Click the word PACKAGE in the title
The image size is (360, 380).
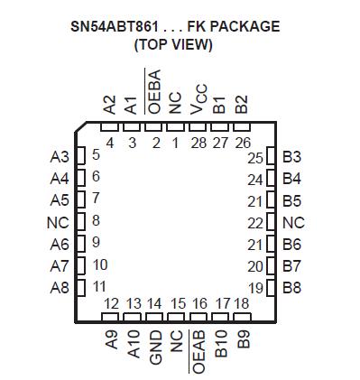pyautogui.click(x=242, y=26)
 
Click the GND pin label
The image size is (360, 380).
pyautogui.click(x=155, y=346)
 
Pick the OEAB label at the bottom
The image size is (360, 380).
pyautogui.click(x=199, y=351)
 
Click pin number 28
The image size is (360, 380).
pyautogui.click(x=198, y=141)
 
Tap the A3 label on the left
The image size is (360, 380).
pyautogui.click(x=60, y=155)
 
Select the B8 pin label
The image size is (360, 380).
pyautogui.click(x=292, y=288)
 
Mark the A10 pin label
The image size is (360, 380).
pyautogui.click(x=134, y=344)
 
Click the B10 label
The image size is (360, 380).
pyautogui.click(x=221, y=345)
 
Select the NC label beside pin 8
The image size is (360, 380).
pyautogui.click(x=58, y=221)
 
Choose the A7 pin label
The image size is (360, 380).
pyautogui.click(x=60, y=265)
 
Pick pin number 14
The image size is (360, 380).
pyautogui.click(x=155, y=303)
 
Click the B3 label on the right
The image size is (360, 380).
pyautogui.click(x=292, y=156)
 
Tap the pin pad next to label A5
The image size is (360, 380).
pyautogui.click(x=79, y=199)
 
